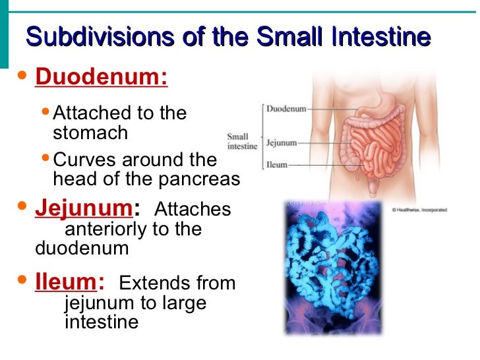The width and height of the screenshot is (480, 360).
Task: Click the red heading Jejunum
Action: (x=83, y=208)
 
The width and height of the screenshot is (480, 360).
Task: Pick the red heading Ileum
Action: (x=66, y=282)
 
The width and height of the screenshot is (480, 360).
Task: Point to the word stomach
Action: (x=90, y=133)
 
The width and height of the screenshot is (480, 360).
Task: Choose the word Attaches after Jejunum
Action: (x=193, y=210)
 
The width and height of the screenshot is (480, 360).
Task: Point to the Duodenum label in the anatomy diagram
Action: (x=286, y=109)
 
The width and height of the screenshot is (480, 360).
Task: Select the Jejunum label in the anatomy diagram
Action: (x=282, y=142)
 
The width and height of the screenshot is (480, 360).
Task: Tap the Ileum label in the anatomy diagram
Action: (x=276, y=165)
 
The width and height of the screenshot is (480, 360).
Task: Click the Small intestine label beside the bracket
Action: (x=242, y=142)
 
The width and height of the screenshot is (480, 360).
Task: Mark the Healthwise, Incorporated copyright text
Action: (x=419, y=210)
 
